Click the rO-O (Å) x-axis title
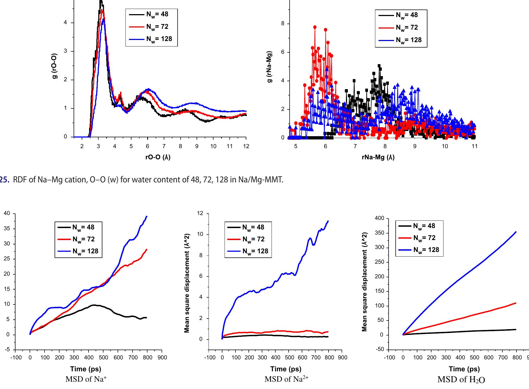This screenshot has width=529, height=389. click(x=158, y=157)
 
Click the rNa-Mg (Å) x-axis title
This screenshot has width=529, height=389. click(x=378, y=157)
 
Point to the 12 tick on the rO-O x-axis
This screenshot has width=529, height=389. click(x=246, y=147)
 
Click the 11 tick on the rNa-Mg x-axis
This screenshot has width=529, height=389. click(x=474, y=147)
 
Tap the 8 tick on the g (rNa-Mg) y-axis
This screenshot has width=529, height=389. click(x=283, y=24)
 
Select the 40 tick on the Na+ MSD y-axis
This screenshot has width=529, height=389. click(x=7, y=214)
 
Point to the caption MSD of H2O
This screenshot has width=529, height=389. click(x=461, y=380)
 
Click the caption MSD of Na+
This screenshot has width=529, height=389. click(x=86, y=379)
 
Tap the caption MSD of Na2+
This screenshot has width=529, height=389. click(x=286, y=379)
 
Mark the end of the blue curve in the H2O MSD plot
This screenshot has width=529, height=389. click(x=516, y=232)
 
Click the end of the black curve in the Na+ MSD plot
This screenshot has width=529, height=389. click(x=147, y=318)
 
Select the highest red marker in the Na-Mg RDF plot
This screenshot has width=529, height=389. click(x=315, y=27)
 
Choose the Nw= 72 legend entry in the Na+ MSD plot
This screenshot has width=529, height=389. click(x=83, y=239)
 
